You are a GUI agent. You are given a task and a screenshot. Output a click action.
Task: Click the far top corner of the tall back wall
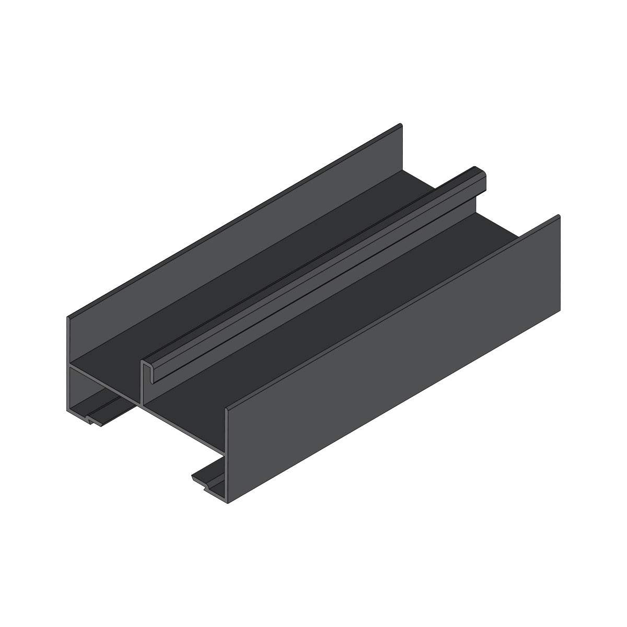(x=401, y=125)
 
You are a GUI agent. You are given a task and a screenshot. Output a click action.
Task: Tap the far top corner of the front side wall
(x=559, y=216)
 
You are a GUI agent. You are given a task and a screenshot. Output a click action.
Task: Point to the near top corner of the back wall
(x=68, y=317)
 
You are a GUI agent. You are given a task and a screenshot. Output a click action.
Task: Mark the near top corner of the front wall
(x=227, y=409)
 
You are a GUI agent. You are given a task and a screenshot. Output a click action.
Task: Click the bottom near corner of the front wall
(x=227, y=502)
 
